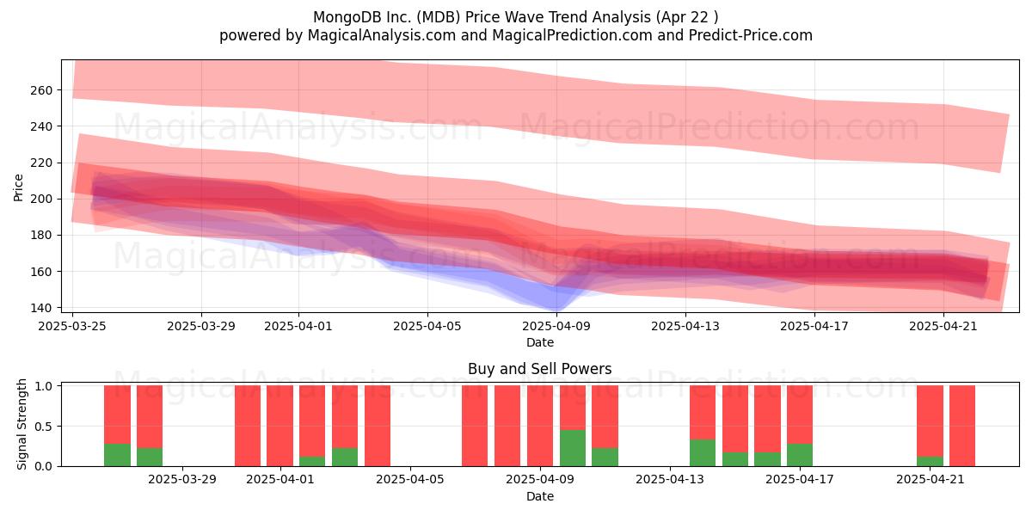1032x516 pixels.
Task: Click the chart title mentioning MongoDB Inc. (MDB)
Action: (515, 17)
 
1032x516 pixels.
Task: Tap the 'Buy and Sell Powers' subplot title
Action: (539, 369)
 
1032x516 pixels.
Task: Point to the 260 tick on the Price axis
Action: (41, 90)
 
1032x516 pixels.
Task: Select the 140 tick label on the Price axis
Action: (41, 308)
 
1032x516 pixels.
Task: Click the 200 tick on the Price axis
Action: (41, 199)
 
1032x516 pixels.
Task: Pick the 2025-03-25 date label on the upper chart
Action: (72, 326)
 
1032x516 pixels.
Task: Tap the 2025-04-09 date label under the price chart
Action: (556, 326)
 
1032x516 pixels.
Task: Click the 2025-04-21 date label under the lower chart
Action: (931, 480)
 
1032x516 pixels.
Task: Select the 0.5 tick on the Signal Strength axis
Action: (44, 427)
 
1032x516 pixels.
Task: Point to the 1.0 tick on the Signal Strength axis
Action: (44, 385)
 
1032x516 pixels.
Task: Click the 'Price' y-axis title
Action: (18, 187)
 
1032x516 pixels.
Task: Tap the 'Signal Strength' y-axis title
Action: (21, 424)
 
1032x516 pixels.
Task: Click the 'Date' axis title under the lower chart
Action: (540, 496)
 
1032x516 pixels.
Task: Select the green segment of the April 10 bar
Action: (573, 448)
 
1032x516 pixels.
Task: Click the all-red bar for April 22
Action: (962, 426)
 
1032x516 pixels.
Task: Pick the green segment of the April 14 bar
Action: (703, 453)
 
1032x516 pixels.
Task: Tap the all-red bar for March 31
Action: (248, 426)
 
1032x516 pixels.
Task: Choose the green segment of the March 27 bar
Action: (150, 457)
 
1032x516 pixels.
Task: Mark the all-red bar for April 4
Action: (378, 426)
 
